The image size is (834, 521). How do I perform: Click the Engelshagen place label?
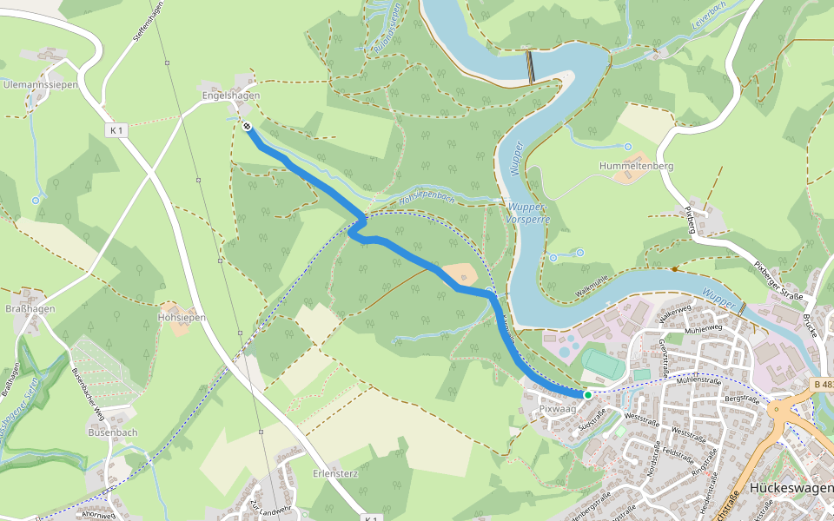click(230, 96)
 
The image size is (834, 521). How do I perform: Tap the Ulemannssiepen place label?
click(41, 85)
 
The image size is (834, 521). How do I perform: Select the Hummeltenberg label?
click(637, 165)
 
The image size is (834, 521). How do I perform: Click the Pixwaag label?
click(557, 408)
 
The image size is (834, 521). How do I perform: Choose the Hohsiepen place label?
click(182, 318)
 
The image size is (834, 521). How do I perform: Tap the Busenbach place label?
click(113, 432)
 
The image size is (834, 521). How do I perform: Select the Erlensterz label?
click(336, 474)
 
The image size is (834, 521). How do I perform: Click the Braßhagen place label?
click(30, 308)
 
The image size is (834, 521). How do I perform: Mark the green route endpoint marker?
click(588, 395)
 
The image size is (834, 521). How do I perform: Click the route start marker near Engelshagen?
click(248, 127)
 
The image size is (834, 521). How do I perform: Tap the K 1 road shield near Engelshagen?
click(117, 129)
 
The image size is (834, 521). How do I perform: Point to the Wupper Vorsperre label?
click(529, 214)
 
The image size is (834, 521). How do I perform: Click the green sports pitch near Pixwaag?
click(602, 363)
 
